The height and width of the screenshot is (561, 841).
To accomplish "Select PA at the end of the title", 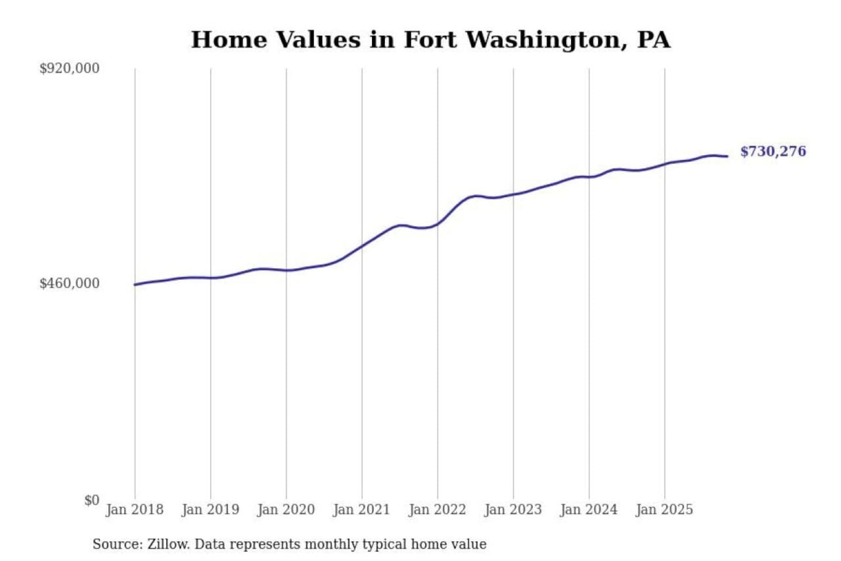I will click(x=654, y=40).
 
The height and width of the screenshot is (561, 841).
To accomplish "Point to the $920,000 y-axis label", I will click(x=69, y=68).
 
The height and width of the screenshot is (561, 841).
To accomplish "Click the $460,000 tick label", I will click(x=69, y=283).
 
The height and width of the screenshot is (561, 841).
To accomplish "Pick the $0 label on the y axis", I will click(x=92, y=500).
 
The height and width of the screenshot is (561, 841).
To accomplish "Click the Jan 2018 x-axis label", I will click(x=134, y=510).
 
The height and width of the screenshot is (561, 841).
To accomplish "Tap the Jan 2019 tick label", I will click(x=210, y=510).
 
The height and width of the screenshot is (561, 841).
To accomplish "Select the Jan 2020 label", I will click(x=286, y=510).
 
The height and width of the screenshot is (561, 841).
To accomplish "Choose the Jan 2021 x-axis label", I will click(x=362, y=510).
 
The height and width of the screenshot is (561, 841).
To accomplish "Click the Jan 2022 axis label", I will click(x=437, y=510).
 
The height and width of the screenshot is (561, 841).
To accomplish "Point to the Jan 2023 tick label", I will click(x=513, y=510).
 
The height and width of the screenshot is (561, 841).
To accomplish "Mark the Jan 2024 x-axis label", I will click(x=589, y=510).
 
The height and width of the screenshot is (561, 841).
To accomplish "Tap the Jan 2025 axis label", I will click(x=664, y=510).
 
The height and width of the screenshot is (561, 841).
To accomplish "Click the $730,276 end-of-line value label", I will click(x=773, y=151).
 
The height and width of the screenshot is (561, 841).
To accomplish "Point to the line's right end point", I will click(x=727, y=156).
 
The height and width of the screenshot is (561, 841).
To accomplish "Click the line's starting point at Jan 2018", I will click(x=135, y=285).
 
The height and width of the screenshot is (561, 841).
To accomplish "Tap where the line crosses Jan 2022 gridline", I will click(x=437, y=224).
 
